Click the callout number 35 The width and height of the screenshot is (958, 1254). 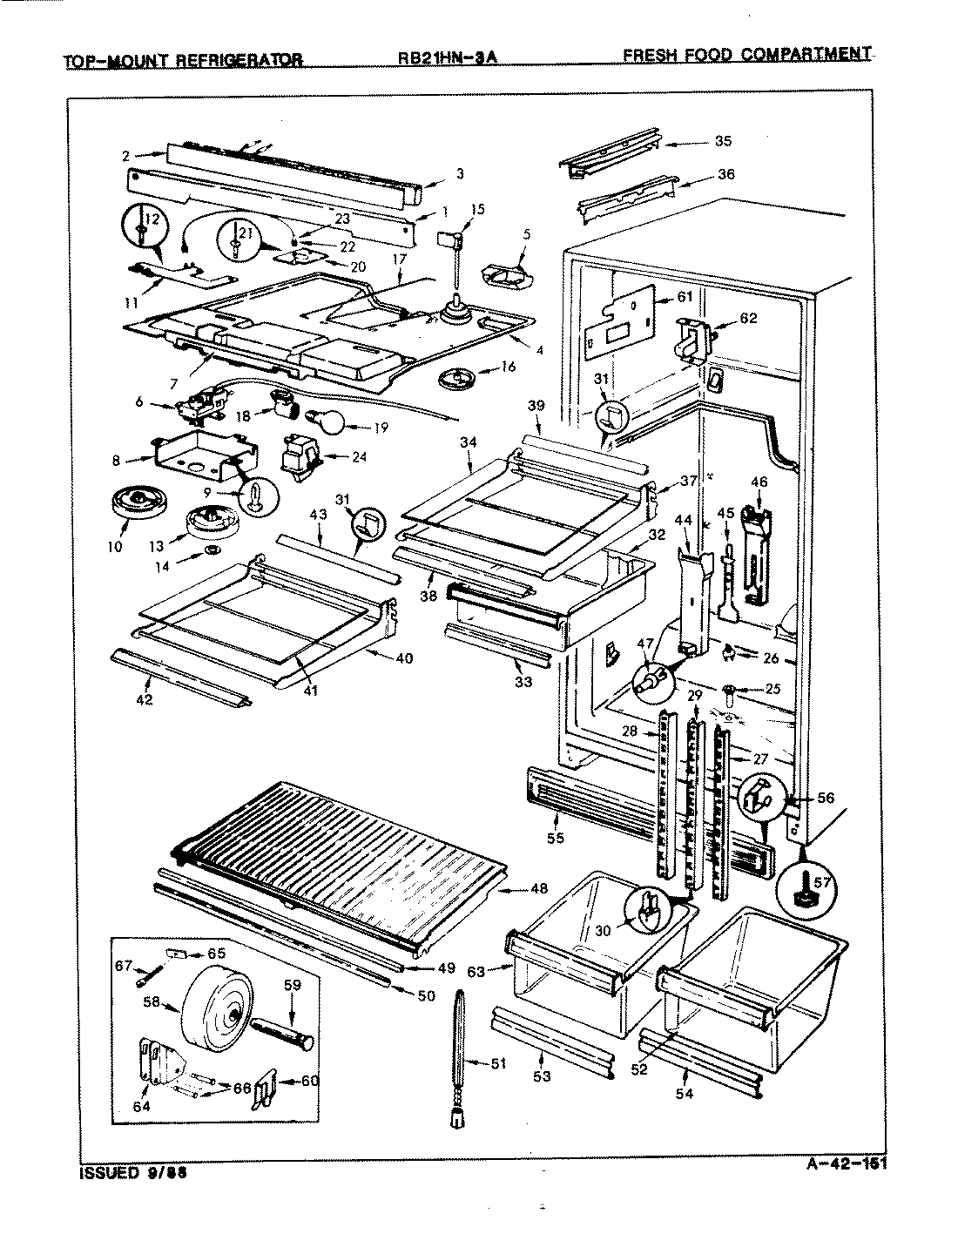pyautogui.click(x=723, y=141)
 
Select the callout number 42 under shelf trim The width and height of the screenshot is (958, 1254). pyautogui.click(x=145, y=699)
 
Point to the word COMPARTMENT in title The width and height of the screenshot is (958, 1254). pyautogui.click(x=806, y=55)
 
